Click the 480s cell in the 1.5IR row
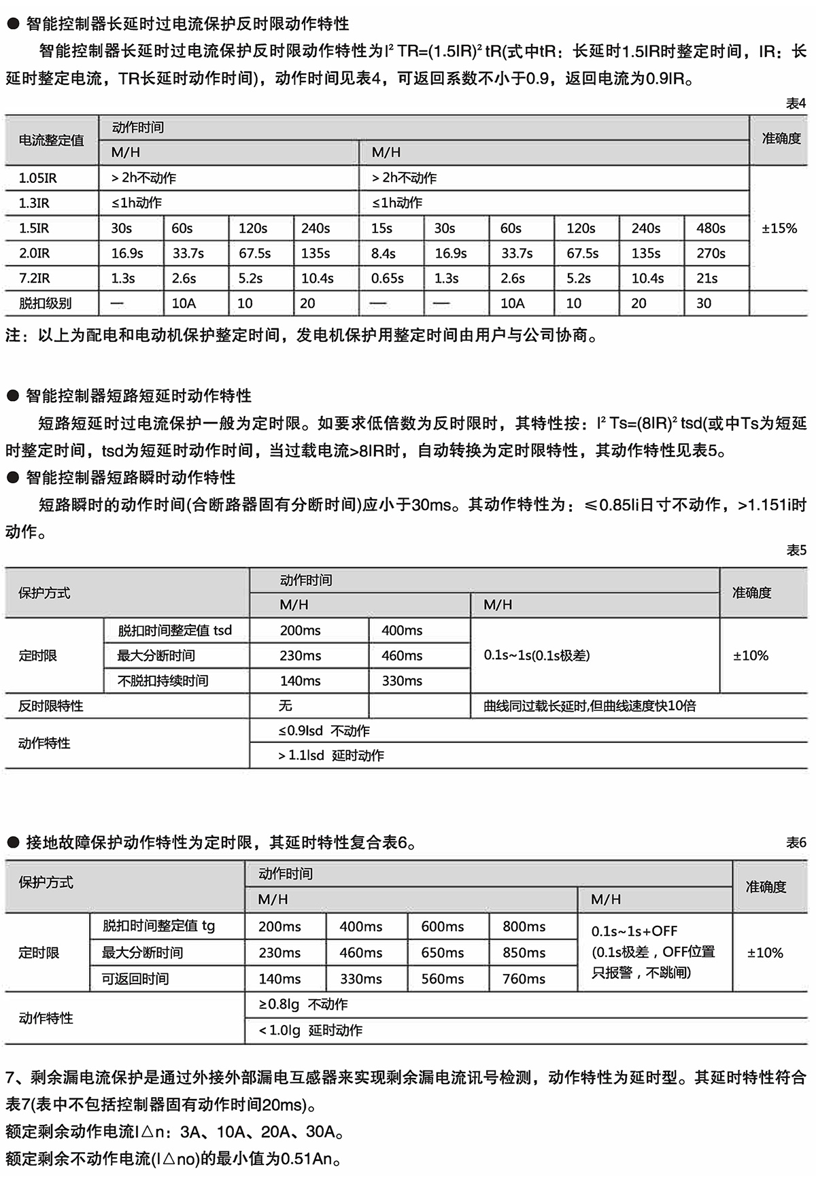coord(711,228)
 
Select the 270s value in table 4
coord(711,254)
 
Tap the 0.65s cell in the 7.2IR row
coord(387,279)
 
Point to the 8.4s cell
coord(384,254)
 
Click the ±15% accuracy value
coord(779,228)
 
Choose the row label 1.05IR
coord(37,178)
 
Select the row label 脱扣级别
coord(45,304)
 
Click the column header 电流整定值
coord(51,140)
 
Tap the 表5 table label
coord(796,550)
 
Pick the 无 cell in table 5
coord(286,706)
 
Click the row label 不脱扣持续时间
coord(163,680)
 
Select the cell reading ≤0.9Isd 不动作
coord(324,731)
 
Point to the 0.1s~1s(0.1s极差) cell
coord(537,655)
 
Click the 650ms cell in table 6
coord(442,952)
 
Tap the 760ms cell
coord(524,979)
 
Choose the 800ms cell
coord(524,926)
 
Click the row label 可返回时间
coord(135,979)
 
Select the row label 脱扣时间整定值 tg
coord(158,926)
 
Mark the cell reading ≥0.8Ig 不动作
coord(303,1005)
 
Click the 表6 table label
coord(796,843)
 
